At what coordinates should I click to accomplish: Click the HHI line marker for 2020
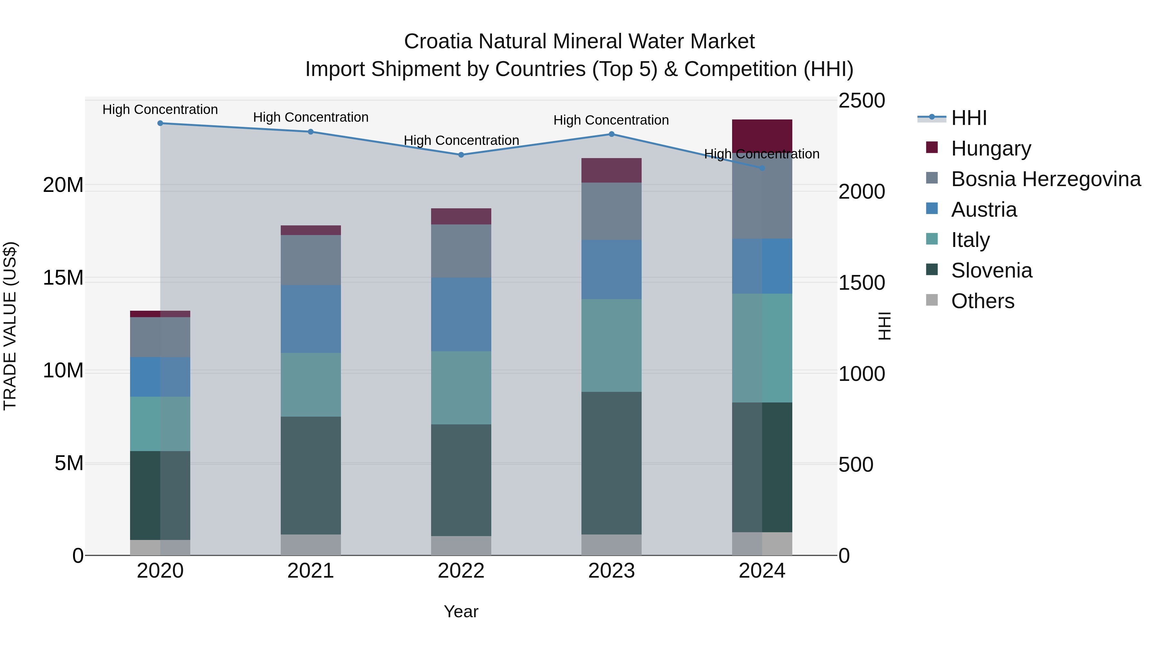click(160, 123)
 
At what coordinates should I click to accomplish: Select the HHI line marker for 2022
click(461, 155)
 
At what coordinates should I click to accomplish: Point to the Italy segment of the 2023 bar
click(611, 345)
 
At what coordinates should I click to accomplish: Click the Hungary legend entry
click(991, 148)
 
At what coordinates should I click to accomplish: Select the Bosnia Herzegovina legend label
click(1046, 179)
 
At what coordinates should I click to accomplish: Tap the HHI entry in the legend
click(969, 118)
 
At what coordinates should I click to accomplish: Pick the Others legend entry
click(983, 301)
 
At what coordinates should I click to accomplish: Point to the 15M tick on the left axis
click(63, 278)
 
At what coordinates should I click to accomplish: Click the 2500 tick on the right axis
click(862, 101)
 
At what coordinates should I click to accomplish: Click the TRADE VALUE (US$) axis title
click(10, 326)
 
